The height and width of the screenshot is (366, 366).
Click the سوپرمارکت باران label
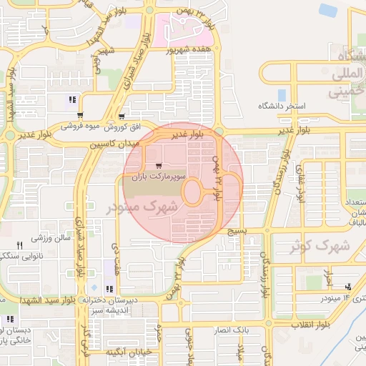pos(162,175)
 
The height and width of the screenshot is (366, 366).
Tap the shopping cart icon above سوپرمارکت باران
pos(158,164)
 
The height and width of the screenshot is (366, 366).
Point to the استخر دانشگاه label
pos(282,106)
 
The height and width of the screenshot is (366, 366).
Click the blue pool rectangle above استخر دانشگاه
pos(282,94)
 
